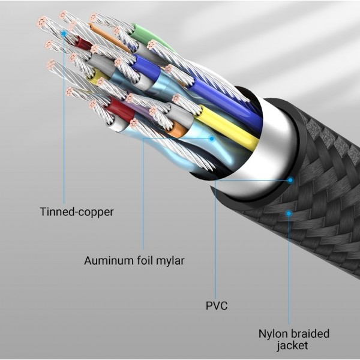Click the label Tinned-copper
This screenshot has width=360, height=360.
(77, 212)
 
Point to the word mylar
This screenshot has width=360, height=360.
(170, 261)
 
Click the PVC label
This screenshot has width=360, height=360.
(217, 306)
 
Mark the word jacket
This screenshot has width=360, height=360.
(292, 346)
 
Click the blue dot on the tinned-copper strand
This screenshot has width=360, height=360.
(64, 34)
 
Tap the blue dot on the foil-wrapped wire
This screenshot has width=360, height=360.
(212, 139)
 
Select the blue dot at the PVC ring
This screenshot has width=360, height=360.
(290, 180)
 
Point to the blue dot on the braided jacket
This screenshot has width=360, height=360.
(289, 214)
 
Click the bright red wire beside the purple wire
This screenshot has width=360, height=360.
(121, 109)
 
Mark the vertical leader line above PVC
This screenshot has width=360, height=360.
(215, 239)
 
